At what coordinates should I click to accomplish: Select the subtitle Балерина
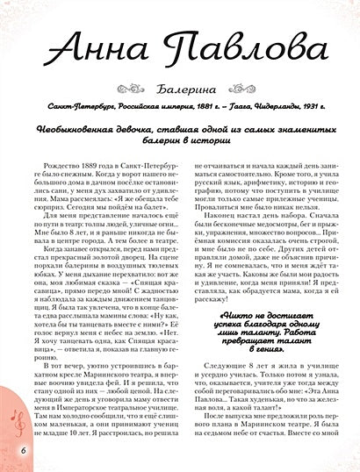pyautogui.click(x=180, y=112)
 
